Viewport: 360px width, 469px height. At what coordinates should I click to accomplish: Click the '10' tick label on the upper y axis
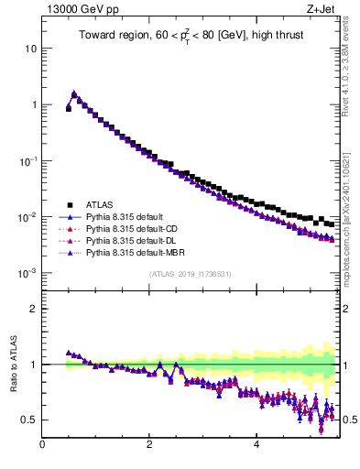[x=30, y=48]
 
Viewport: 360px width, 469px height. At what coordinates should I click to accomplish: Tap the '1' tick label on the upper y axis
[x=33, y=104]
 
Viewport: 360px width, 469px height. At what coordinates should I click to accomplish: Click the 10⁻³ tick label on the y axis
[x=27, y=274]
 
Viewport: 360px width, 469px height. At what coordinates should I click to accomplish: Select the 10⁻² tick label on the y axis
[x=27, y=217]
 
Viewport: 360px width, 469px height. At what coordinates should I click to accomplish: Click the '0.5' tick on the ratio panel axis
[x=29, y=420]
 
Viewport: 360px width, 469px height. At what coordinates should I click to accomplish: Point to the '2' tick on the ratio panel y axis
[x=33, y=309]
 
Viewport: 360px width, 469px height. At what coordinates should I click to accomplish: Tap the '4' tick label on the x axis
[x=256, y=446]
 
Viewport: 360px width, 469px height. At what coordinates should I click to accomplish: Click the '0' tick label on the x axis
[x=42, y=446]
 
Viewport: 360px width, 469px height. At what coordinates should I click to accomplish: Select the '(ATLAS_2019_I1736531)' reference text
[x=191, y=274]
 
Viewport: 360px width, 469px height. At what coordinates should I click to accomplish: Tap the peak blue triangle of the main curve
[x=74, y=93]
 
